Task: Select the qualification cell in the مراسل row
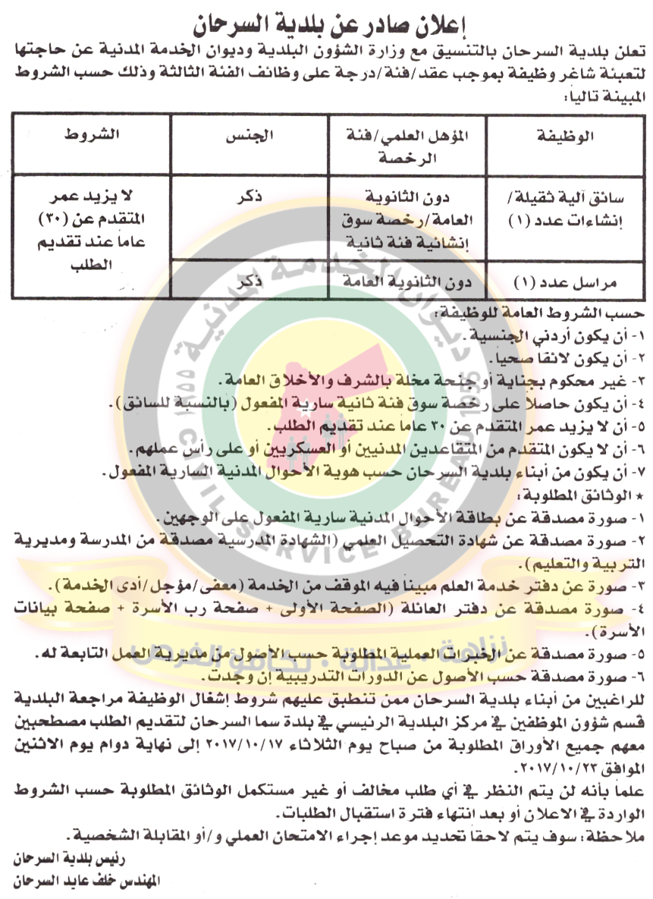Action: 407,282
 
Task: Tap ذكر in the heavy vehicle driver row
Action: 248,196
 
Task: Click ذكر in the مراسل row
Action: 248,282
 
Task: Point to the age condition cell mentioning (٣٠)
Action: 91,226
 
